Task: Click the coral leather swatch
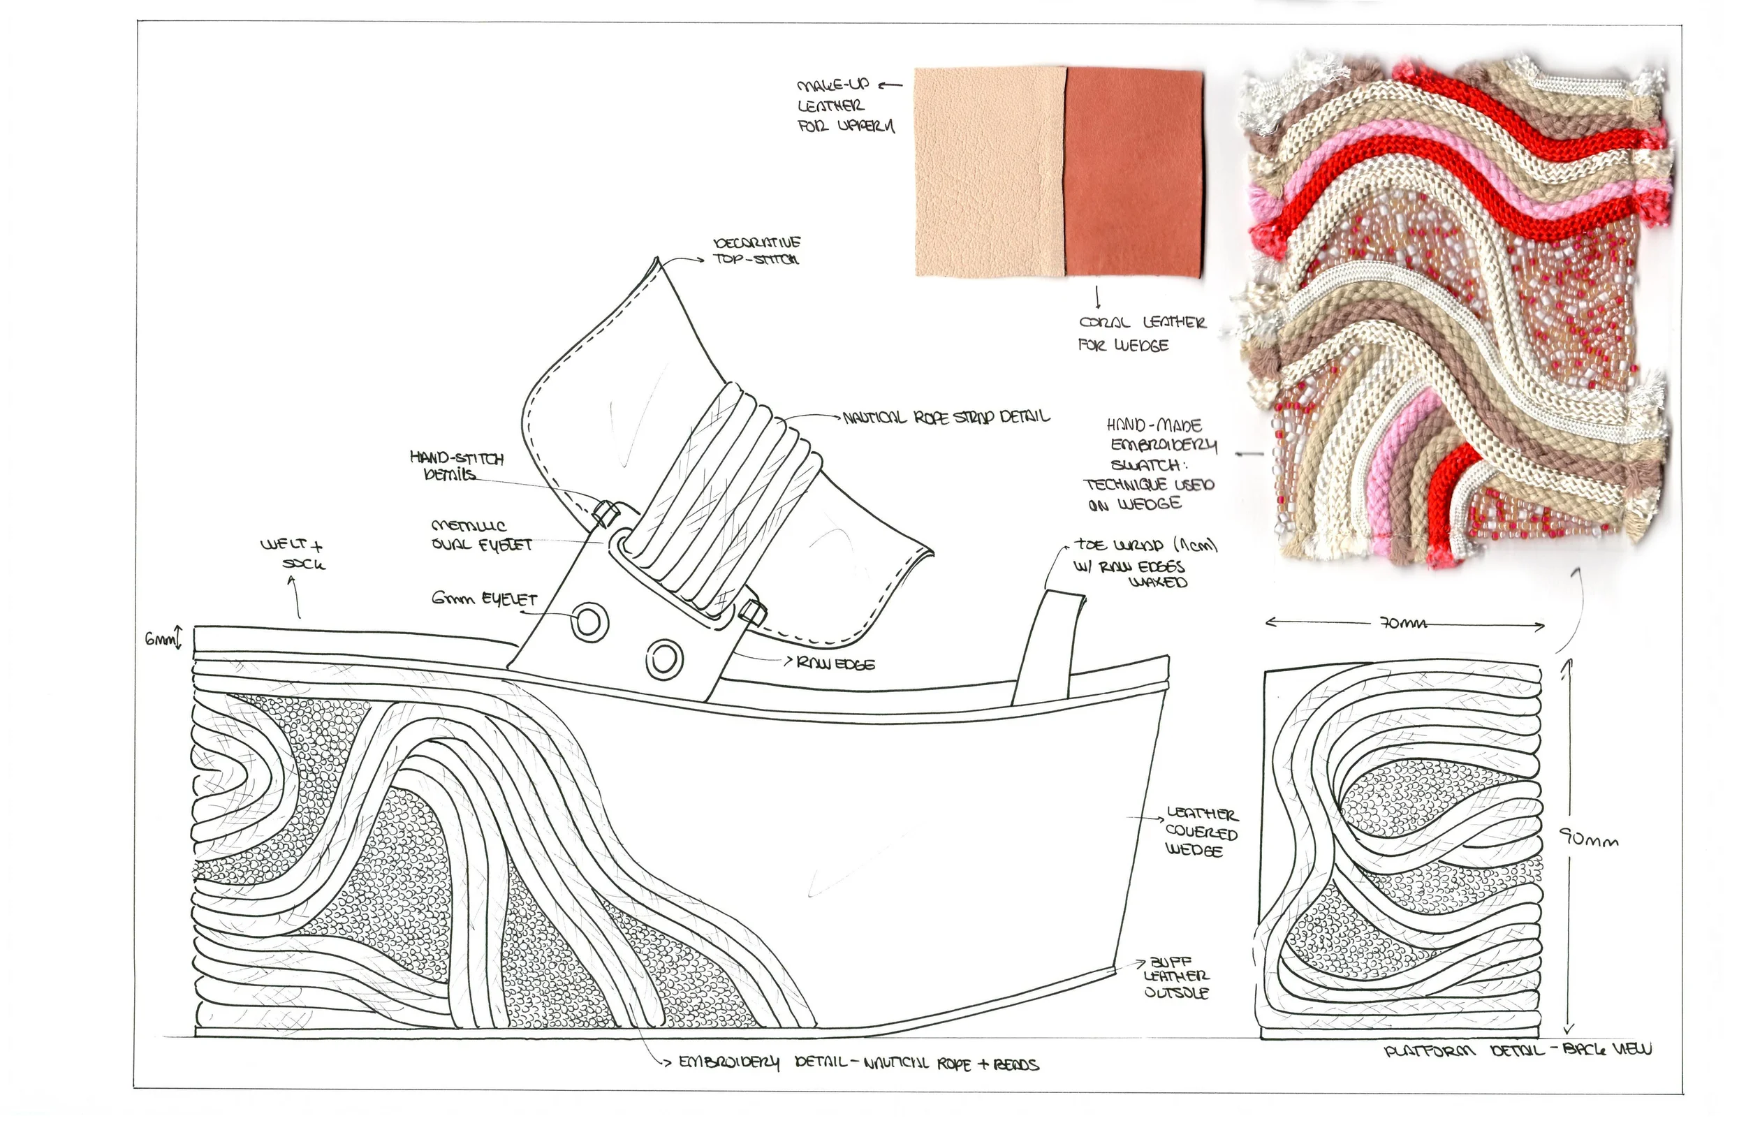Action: [1134, 173]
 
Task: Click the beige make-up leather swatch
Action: [990, 173]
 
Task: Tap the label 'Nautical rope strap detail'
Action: [946, 418]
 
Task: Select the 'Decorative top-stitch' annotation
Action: [756, 250]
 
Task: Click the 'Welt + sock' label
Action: [292, 555]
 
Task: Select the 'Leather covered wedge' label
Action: [1201, 832]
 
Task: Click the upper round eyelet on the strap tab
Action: [589, 622]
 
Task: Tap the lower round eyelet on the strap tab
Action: [665, 657]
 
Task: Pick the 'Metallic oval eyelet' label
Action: [480, 536]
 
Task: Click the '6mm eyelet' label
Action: [484, 599]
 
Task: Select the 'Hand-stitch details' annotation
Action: [455, 466]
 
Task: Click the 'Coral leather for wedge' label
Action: [1141, 333]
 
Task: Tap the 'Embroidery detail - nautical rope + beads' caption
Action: [858, 1063]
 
